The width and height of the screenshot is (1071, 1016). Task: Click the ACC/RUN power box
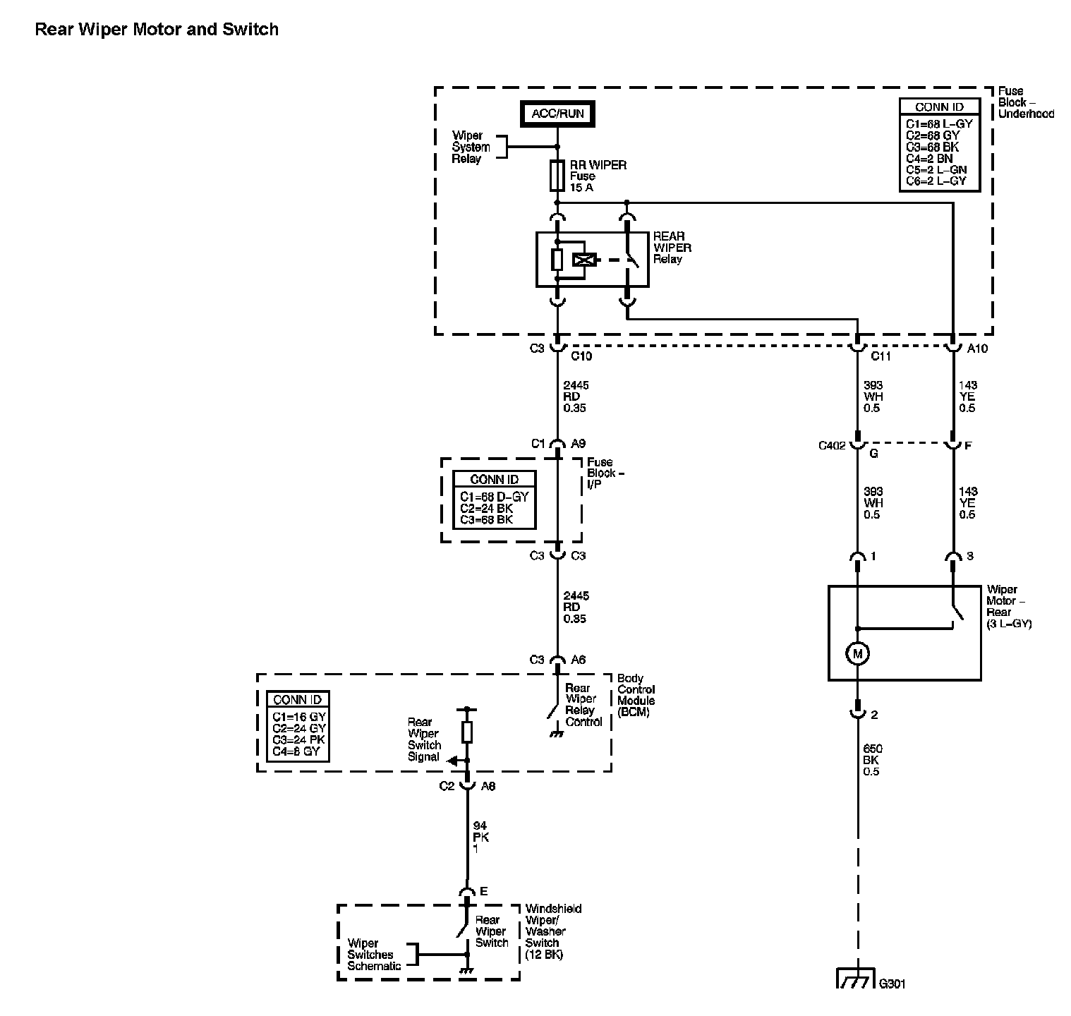[x=557, y=114]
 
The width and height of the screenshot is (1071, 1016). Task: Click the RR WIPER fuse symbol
[x=557, y=176]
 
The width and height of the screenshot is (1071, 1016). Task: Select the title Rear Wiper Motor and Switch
[x=157, y=30]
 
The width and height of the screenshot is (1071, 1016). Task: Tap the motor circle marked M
[x=857, y=654]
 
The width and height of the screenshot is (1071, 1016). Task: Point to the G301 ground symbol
[x=856, y=980]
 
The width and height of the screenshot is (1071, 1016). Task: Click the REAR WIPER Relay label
[x=672, y=248]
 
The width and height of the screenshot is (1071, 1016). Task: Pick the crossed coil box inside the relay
[x=583, y=260]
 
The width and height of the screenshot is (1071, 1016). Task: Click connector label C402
[x=832, y=446]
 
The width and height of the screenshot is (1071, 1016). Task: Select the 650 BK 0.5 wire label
[x=872, y=760]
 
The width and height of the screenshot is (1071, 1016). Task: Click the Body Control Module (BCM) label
[x=636, y=695]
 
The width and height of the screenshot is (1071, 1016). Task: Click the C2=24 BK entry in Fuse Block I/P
[x=486, y=508]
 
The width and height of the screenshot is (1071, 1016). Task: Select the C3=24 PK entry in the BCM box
[x=299, y=740]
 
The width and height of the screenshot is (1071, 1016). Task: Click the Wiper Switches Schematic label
[x=374, y=955]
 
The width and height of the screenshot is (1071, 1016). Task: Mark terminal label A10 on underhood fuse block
[x=977, y=349]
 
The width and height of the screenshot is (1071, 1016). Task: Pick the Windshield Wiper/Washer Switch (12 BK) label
[x=552, y=931]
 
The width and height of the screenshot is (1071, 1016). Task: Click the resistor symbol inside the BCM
[x=466, y=732]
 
